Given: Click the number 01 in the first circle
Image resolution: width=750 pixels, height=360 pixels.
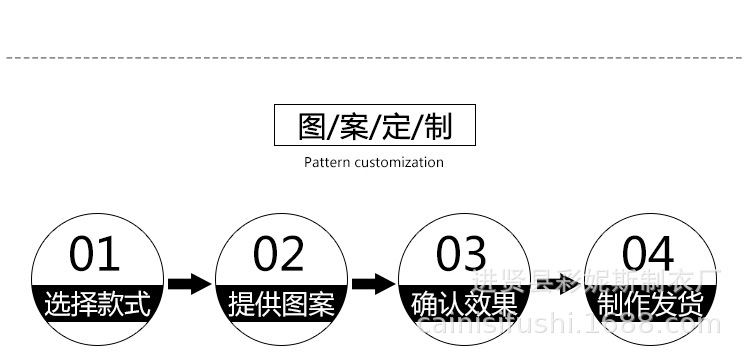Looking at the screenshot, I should [94, 255].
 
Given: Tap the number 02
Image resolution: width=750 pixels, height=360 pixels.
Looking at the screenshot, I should [278, 255].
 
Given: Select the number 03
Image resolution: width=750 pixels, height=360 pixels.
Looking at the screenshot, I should [462, 255].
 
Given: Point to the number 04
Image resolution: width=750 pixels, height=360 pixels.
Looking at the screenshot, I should [648, 255].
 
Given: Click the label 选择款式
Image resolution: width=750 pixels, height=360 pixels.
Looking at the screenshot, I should [97, 303].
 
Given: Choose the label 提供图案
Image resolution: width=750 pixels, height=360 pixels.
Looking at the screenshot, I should [281, 303].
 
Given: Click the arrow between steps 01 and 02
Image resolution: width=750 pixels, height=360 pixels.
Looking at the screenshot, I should [189, 284].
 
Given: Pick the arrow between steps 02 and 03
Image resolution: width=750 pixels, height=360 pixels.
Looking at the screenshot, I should [373, 284].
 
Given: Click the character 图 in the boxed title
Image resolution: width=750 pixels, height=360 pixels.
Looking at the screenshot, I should [313, 127].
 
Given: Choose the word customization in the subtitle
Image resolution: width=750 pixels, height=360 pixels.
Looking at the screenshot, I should [397, 162].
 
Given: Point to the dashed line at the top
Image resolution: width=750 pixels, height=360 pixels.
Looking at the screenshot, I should [375, 59].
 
